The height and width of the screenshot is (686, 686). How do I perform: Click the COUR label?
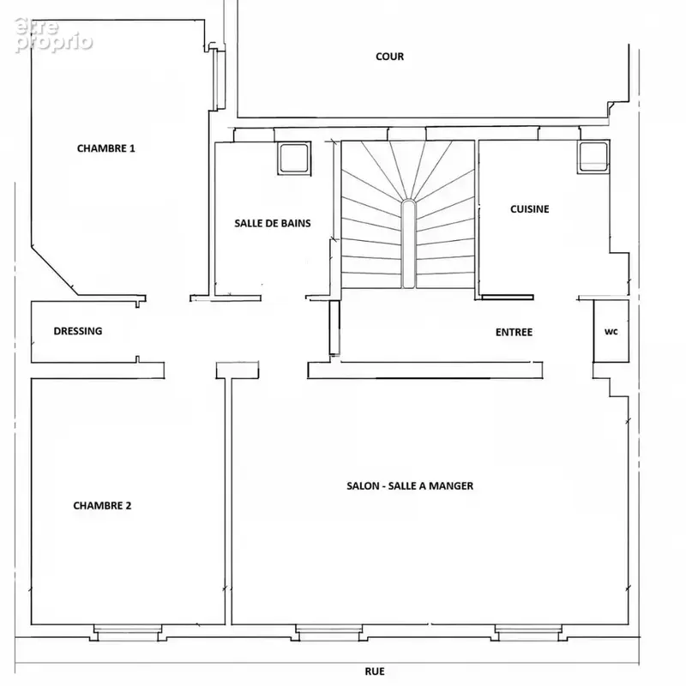tap(389, 57)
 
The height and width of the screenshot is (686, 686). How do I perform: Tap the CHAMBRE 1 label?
tap(105, 148)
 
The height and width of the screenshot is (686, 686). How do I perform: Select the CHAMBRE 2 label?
tap(102, 505)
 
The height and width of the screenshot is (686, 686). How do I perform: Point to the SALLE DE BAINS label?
tap(273, 223)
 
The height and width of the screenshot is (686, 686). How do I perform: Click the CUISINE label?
tap(529, 209)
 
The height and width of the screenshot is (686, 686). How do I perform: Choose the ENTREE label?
tap(514, 332)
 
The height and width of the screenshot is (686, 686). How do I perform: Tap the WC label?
tap(611, 332)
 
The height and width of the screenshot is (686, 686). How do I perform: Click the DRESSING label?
tap(78, 331)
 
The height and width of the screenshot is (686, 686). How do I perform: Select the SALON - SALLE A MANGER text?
tap(410, 485)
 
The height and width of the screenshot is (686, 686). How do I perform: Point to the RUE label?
tap(375, 671)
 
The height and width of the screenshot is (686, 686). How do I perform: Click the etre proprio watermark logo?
tap(53, 34)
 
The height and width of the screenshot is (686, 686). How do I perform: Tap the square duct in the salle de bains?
tap(293, 158)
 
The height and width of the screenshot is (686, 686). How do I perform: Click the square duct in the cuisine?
tap(593, 157)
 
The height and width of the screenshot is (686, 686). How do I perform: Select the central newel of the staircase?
tap(408, 244)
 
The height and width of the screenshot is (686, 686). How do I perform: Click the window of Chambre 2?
tap(127, 633)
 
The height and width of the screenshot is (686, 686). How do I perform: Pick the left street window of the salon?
tap(329, 633)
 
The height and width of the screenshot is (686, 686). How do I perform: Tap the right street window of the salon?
tap(528, 633)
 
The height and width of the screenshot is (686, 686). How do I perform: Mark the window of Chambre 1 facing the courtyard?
tap(217, 79)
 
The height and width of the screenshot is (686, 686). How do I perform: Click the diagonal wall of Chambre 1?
tap(55, 270)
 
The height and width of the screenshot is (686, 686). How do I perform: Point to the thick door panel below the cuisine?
tap(508, 298)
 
